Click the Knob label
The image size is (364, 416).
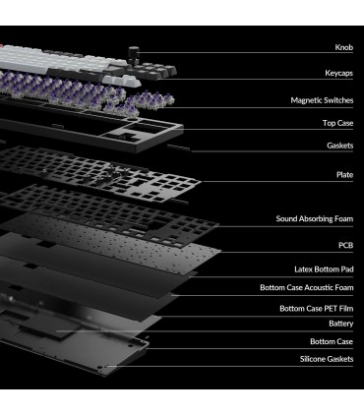click(x=344, y=47)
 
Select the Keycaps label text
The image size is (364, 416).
click(x=339, y=73)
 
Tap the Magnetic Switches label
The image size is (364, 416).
click(x=322, y=100)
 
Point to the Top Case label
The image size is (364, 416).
click(x=337, y=123)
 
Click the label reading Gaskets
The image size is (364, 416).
click(x=340, y=146)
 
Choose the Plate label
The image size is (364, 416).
click(x=344, y=175)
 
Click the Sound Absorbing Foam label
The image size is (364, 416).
click(x=315, y=219)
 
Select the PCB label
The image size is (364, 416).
click(x=346, y=245)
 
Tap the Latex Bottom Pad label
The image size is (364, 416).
click(x=324, y=269)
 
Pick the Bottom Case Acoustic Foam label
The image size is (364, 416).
click(x=307, y=288)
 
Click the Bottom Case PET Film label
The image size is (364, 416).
click(x=317, y=309)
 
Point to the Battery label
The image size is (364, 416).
click(x=341, y=324)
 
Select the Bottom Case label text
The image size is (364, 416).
click(x=332, y=341)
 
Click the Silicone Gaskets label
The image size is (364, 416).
click(x=327, y=359)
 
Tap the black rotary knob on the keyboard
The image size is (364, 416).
click(x=134, y=55)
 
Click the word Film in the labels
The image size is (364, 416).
click(x=346, y=309)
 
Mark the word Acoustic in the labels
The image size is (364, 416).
click(x=318, y=288)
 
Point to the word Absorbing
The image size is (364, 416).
click(x=315, y=219)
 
